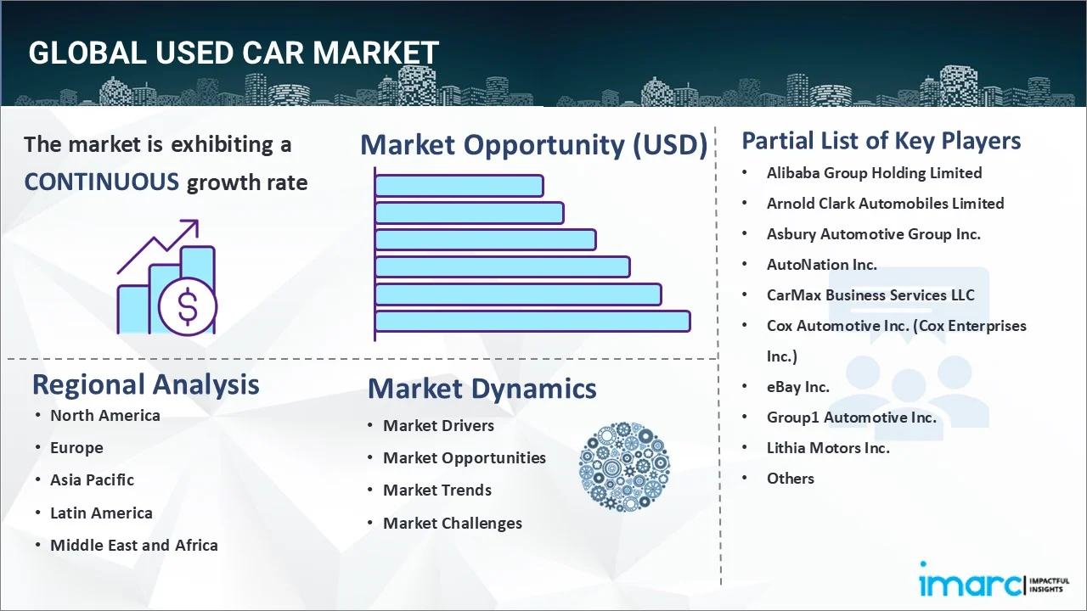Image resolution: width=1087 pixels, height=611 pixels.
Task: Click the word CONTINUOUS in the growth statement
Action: [101, 182]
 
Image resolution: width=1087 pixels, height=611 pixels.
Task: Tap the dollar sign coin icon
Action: [187, 306]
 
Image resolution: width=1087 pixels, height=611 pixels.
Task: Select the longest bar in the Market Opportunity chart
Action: [532, 321]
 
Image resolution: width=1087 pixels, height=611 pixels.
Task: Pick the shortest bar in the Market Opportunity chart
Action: [459, 185]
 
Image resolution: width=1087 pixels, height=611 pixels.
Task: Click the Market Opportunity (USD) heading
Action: [533, 145]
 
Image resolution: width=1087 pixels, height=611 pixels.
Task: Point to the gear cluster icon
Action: [624, 467]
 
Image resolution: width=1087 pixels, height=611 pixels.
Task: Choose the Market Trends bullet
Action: [436, 490]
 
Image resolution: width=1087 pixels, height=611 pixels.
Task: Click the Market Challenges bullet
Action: [452, 524]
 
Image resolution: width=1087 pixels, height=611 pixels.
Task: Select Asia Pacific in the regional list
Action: [92, 480]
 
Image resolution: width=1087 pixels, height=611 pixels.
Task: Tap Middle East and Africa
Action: [133, 546]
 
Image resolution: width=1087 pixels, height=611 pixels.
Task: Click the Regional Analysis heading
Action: [145, 384]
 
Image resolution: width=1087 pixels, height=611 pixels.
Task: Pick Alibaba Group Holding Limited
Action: [874, 173]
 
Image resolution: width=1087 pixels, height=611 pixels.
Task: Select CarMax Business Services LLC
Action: [870, 295]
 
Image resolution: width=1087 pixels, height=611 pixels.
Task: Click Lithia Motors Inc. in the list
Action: [828, 448]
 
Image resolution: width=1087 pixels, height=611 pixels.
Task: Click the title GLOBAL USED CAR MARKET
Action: [234, 53]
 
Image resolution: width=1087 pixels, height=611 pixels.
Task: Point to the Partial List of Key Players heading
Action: [881, 140]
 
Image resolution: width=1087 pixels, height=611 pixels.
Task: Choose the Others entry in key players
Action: [790, 479]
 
